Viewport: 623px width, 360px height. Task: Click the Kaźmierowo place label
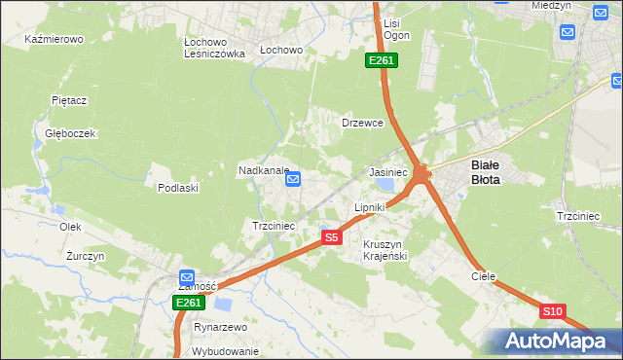coord(55,40)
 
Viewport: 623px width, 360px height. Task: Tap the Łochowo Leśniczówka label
coord(214,49)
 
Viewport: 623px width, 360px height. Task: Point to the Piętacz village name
coord(69,99)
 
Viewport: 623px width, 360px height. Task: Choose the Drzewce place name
coord(362,124)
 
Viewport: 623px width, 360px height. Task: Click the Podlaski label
coord(178,188)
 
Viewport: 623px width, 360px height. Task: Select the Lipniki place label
coord(370,207)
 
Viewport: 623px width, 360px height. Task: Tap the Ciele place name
coord(484,276)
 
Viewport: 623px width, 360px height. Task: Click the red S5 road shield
coord(332,237)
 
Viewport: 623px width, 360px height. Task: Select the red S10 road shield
coord(552,311)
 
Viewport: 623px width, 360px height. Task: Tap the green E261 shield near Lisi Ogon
coord(381,61)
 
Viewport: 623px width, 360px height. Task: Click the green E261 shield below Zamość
coord(189,304)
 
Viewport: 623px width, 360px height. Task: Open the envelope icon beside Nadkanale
coord(293,179)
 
